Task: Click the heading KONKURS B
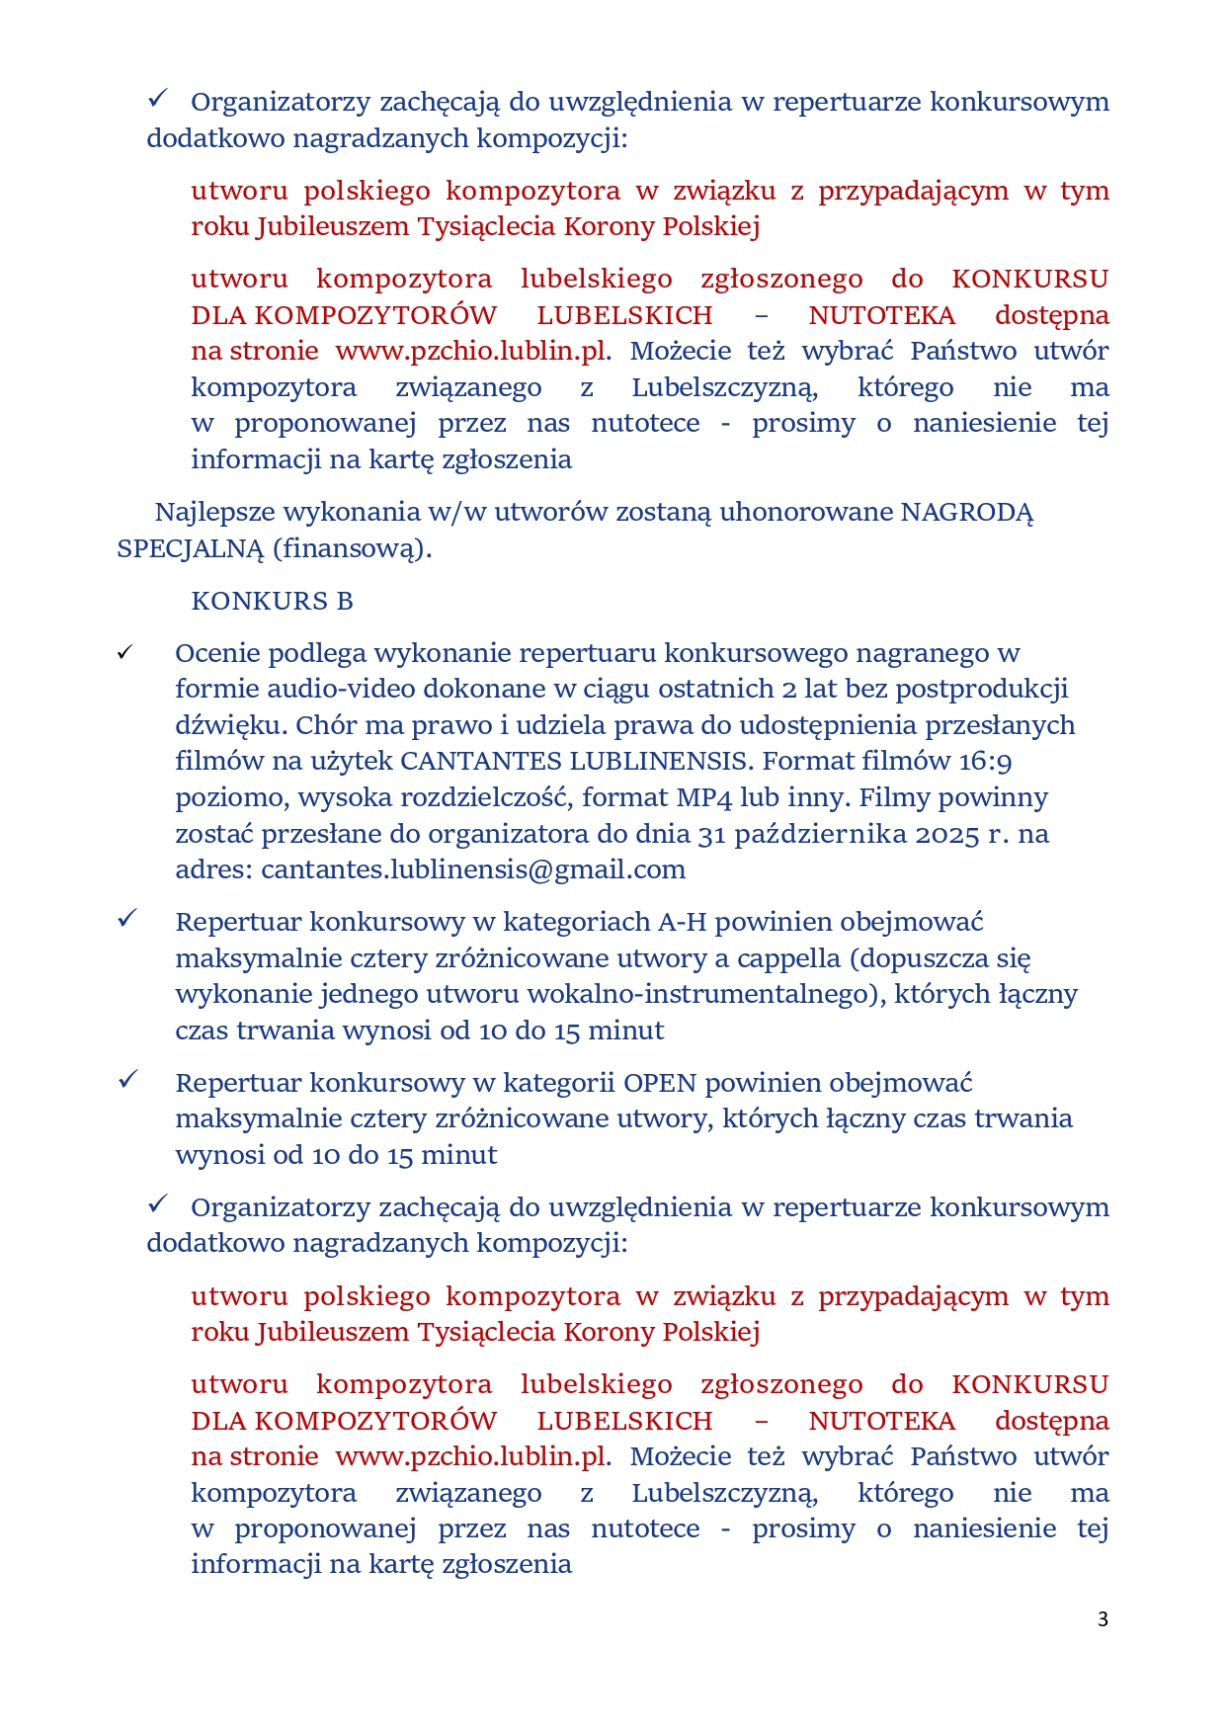coord(272,601)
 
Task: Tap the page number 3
coord(1103,1618)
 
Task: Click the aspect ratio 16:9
coord(985,761)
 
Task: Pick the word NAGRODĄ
coord(967,512)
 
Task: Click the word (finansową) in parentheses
coord(352,548)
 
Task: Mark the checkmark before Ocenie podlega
coord(125,653)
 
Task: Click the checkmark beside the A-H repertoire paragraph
coord(126,919)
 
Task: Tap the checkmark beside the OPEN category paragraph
coord(126,1080)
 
